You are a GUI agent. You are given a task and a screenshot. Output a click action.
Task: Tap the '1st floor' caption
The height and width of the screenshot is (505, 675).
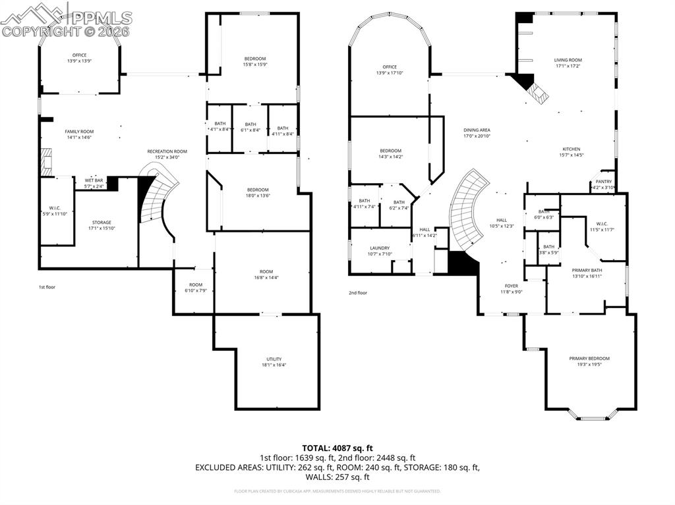click(x=47, y=287)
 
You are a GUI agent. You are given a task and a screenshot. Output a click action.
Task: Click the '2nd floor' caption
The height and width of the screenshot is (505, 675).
click(x=358, y=293)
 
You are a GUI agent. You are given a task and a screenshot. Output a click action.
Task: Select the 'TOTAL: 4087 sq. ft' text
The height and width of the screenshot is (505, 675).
click(x=337, y=448)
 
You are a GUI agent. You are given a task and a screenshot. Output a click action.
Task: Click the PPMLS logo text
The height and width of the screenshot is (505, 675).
click(x=99, y=18)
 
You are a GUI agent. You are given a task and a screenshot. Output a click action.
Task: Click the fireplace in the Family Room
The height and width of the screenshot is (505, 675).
click(x=45, y=161)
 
